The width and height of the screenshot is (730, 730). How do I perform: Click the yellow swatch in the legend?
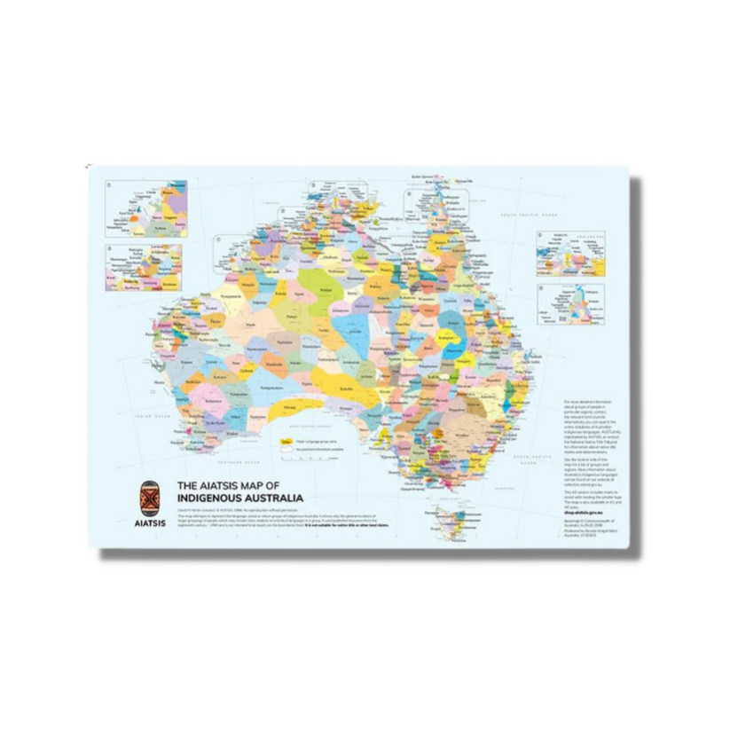pos(287,440)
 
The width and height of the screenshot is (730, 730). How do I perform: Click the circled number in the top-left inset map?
pos(108,186)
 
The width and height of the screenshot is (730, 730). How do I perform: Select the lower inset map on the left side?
pos(144,268)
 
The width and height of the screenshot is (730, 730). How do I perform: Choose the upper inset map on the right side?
pos(571,255)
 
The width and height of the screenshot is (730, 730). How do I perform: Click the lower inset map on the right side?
pos(571,307)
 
